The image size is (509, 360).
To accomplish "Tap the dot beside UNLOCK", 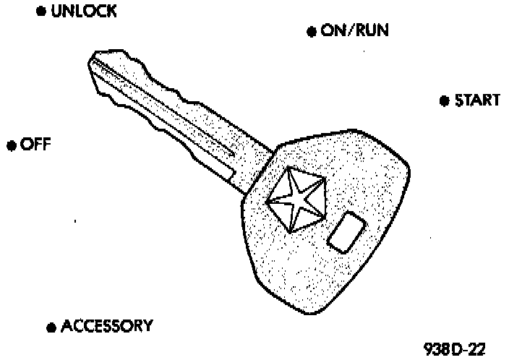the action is click(x=41, y=13).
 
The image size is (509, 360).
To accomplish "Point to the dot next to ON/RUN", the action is click(x=312, y=32).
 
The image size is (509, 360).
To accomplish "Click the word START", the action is click(x=476, y=100).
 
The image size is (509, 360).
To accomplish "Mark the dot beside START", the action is click(x=444, y=101).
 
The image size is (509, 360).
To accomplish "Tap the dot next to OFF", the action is click(x=11, y=146).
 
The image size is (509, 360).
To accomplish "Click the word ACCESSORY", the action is click(x=106, y=326).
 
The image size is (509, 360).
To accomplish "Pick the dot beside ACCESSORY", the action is click(x=51, y=327).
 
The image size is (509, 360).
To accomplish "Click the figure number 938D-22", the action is click(x=455, y=349).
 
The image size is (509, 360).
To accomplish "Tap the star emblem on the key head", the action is click(x=294, y=200).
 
